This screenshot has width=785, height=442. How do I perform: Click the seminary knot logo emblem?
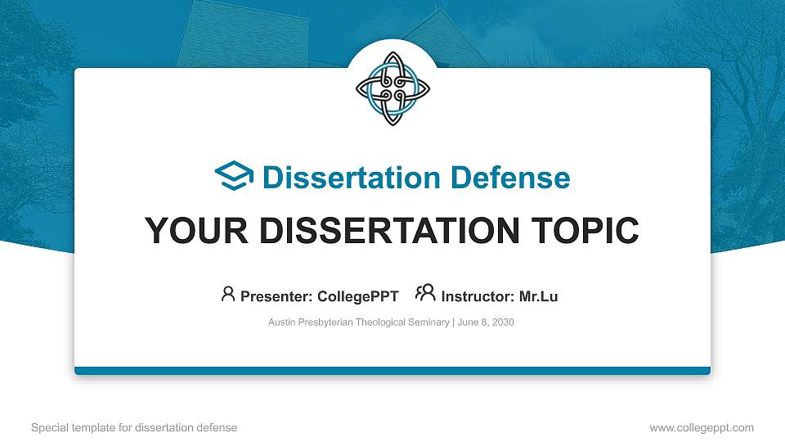pyautogui.click(x=392, y=89)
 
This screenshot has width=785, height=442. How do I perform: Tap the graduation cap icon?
pyautogui.click(x=234, y=177)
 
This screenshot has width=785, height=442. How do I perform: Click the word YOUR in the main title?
pyautogui.click(x=191, y=231)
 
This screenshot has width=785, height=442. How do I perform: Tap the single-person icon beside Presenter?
pyautogui.click(x=228, y=294)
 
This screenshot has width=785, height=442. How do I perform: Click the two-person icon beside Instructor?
pyautogui.click(x=425, y=294)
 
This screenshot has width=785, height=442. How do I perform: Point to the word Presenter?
pyautogui.click(x=272, y=296)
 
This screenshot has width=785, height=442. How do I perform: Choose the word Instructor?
pyautogui.click(x=477, y=296)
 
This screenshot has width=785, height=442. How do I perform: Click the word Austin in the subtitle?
pyautogui.click(x=282, y=322)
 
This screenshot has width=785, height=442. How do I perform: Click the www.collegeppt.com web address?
pyautogui.click(x=701, y=427)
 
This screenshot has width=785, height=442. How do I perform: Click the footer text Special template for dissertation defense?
pyautogui.click(x=133, y=427)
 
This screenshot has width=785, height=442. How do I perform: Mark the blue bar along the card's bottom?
pyautogui.click(x=392, y=371)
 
